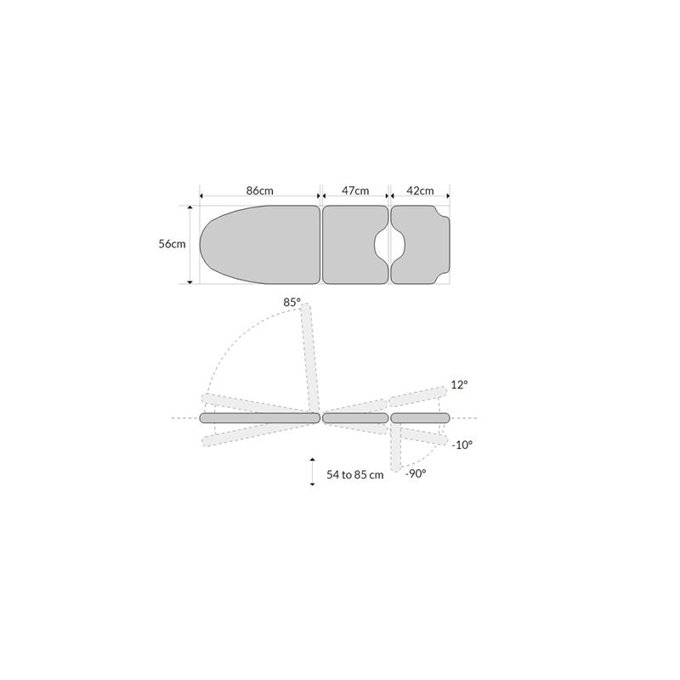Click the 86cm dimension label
pos(260,190)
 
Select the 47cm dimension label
pos(355,190)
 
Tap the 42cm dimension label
pos(420,190)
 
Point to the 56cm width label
pos(172,244)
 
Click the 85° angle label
pos(292,303)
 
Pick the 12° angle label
pos(459,385)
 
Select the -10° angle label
pos(462,445)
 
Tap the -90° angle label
pos(416,473)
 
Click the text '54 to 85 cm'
pos(354,475)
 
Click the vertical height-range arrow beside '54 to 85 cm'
pos(312,472)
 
